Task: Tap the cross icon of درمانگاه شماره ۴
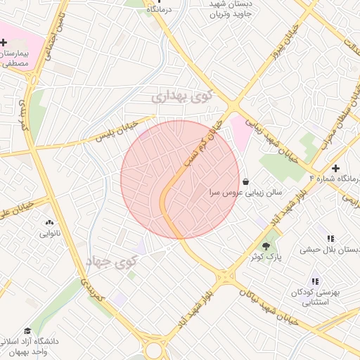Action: pos(336,169)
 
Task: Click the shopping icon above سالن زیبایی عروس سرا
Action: pos(244,181)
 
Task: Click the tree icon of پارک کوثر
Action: pos(266,245)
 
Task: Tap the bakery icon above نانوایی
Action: pos(49,222)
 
